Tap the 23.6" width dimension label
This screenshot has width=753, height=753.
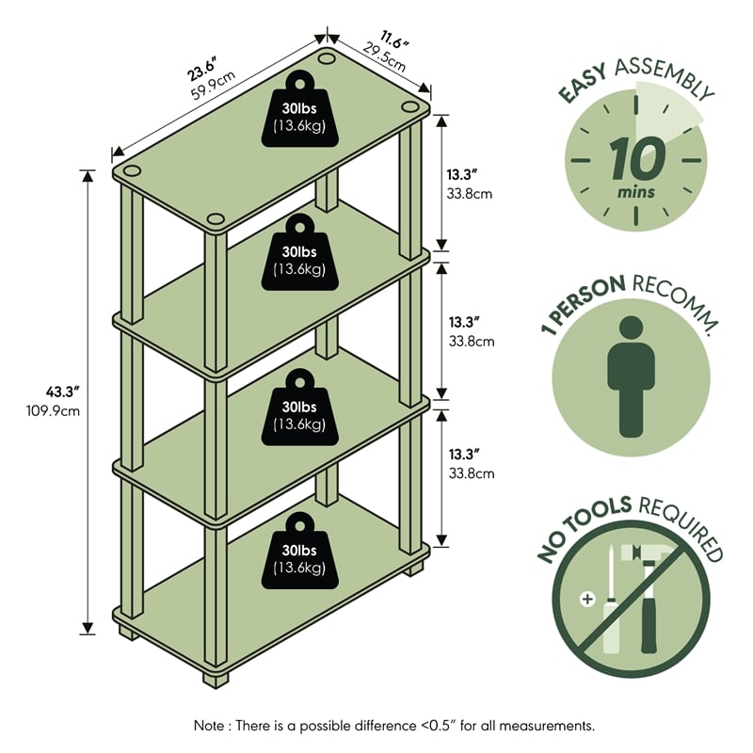201,69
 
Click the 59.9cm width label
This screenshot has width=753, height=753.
213,91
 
